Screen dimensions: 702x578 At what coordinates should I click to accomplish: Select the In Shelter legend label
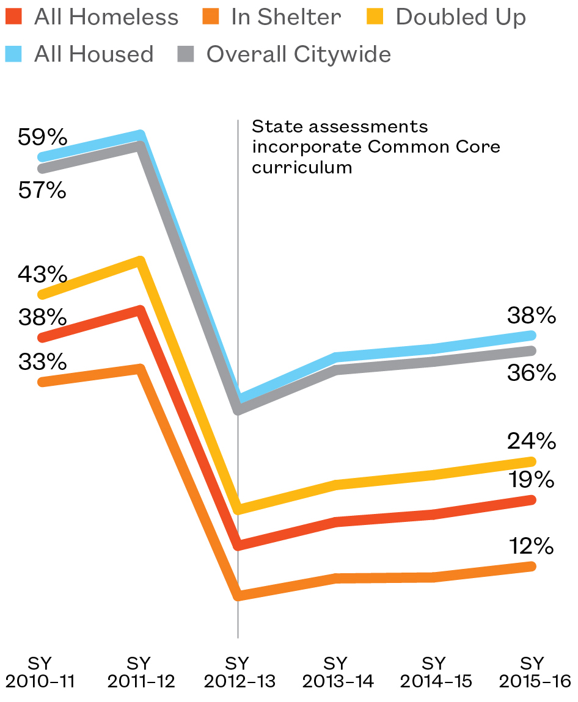pyautogui.click(x=286, y=17)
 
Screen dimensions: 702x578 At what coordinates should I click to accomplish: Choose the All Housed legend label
pyautogui.click(x=93, y=54)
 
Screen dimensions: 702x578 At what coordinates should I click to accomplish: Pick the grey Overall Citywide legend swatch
pyautogui.click(x=186, y=54)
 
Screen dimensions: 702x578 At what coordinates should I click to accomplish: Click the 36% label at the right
pyautogui.click(x=531, y=372)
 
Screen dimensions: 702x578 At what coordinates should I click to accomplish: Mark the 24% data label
pyautogui.click(x=531, y=440)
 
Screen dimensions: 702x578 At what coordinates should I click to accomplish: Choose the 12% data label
pyautogui.click(x=531, y=546)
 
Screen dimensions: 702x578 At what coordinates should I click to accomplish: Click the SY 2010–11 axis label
pyautogui.click(x=40, y=672)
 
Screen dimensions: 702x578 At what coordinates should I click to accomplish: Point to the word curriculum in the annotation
pyautogui.click(x=302, y=167)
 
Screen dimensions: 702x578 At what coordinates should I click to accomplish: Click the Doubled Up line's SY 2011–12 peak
pyautogui.click(x=141, y=262)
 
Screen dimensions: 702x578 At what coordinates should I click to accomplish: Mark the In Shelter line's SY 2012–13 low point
pyautogui.click(x=238, y=596)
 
